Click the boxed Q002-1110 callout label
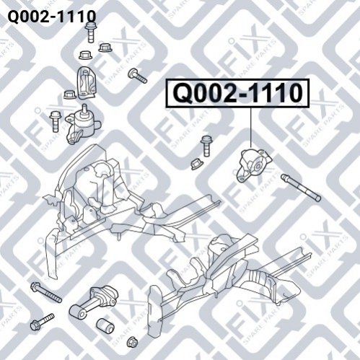point(237,93)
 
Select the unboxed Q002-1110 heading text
point(52,17)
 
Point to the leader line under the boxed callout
point(251,128)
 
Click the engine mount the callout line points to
point(254,165)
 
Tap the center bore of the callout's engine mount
point(258,166)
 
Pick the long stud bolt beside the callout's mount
point(301,188)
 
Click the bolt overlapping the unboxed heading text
point(90,32)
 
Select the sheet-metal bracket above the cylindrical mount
point(86,82)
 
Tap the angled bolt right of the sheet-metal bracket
point(138,76)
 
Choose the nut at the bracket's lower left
point(70,95)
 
